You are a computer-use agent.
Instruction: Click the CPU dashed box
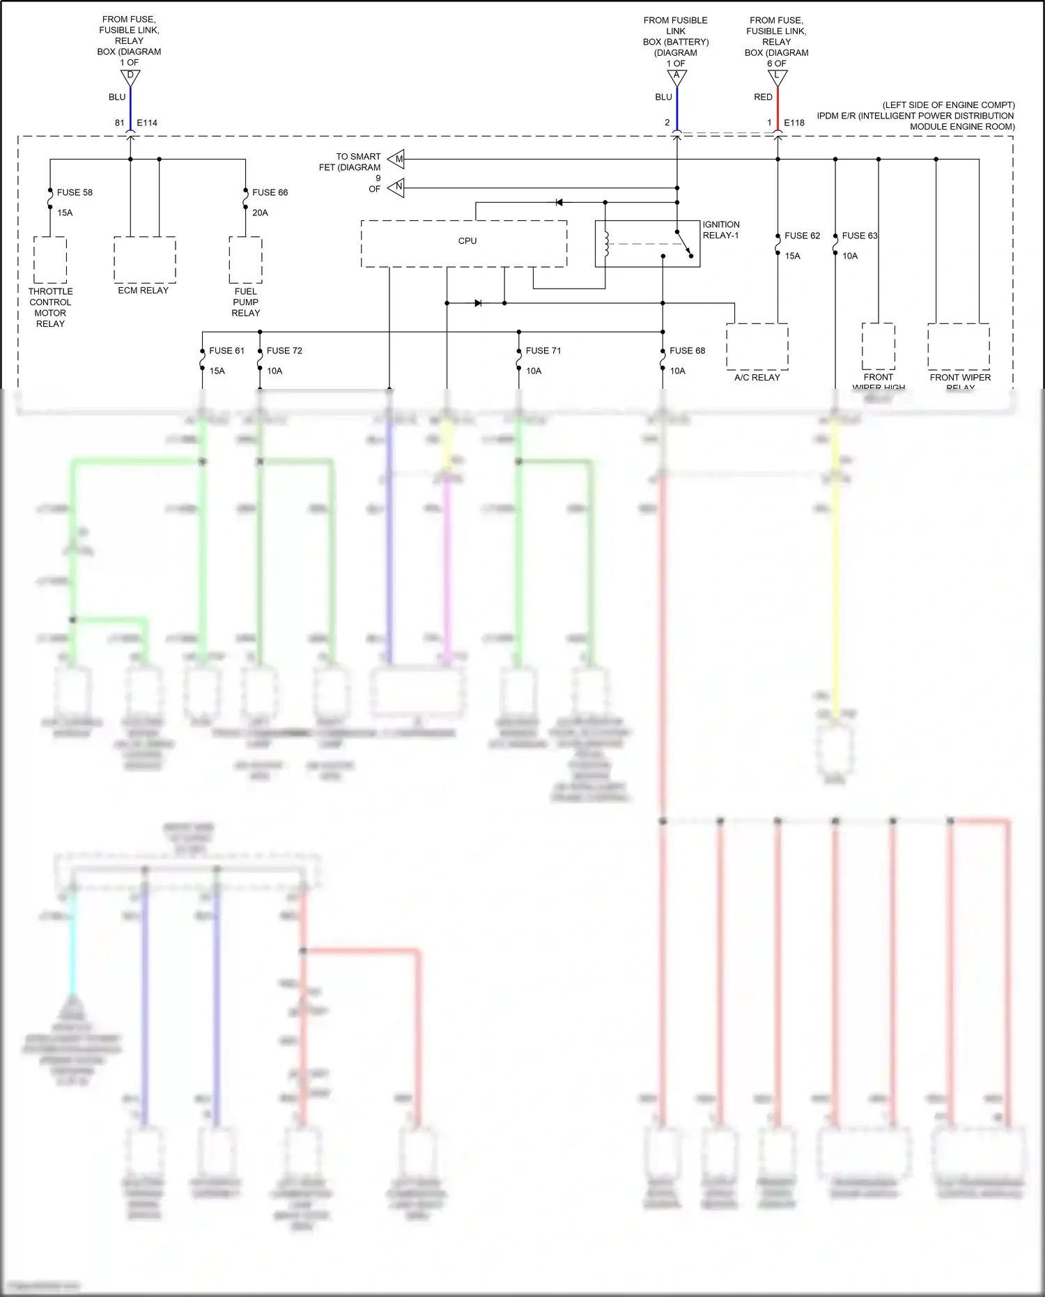coord(463,244)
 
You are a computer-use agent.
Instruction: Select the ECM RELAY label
coord(143,291)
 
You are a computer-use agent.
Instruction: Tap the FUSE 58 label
coord(75,192)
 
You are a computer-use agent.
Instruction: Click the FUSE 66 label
coord(270,192)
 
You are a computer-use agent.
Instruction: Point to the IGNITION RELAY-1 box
coord(647,244)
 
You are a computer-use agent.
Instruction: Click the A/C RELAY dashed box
coord(757,346)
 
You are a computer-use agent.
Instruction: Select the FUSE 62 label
coord(802,236)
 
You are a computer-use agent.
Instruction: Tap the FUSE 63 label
coord(859,236)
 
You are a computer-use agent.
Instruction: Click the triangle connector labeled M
coord(396,159)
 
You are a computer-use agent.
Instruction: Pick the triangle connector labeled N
coord(396,187)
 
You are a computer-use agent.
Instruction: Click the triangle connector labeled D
coord(130,77)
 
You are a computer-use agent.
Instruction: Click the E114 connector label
coord(147,123)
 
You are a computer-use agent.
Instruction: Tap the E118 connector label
coord(794,123)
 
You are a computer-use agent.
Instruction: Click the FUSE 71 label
coord(543,351)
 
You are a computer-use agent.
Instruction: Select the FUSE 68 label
coord(687,351)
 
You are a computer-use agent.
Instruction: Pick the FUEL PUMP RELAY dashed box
coord(245,260)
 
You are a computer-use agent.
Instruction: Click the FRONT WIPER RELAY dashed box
coord(958,346)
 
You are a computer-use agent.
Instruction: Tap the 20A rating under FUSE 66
coord(260,213)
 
